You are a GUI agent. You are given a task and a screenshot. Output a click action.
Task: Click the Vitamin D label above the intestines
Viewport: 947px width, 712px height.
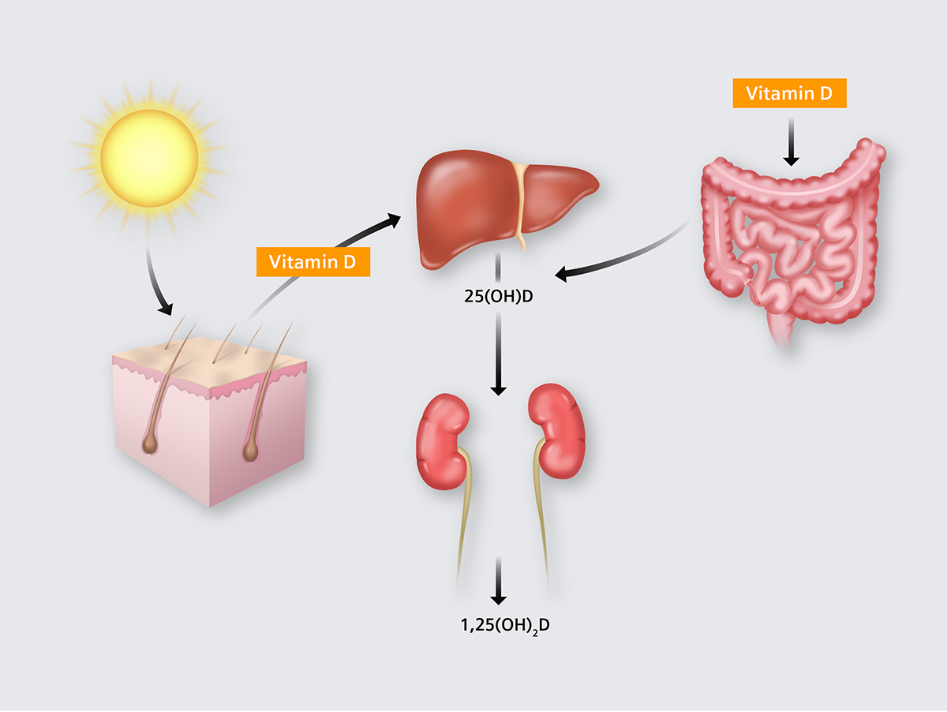789,93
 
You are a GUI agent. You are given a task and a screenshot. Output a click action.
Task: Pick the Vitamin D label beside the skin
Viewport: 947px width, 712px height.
313,262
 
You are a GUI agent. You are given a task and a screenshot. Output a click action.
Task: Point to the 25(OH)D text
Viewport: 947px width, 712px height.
497,298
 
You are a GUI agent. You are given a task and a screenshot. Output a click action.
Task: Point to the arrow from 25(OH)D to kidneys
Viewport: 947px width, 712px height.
497,355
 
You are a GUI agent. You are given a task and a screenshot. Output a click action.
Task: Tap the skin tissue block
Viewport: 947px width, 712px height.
209,426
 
